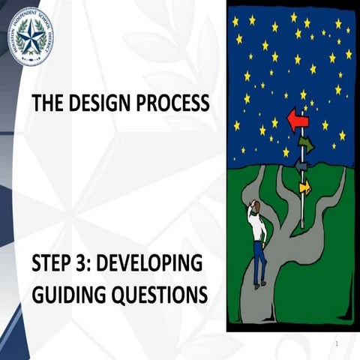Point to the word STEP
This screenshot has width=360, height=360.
(53, 265)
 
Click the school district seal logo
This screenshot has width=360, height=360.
(31, 37)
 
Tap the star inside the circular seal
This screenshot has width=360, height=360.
(31, 37)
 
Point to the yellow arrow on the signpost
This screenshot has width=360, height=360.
(304, 186)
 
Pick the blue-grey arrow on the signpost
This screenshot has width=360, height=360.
(301, 165)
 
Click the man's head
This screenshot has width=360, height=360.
(255, 206)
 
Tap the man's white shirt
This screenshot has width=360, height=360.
(259, 228)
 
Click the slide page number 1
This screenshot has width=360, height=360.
(338, 343)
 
